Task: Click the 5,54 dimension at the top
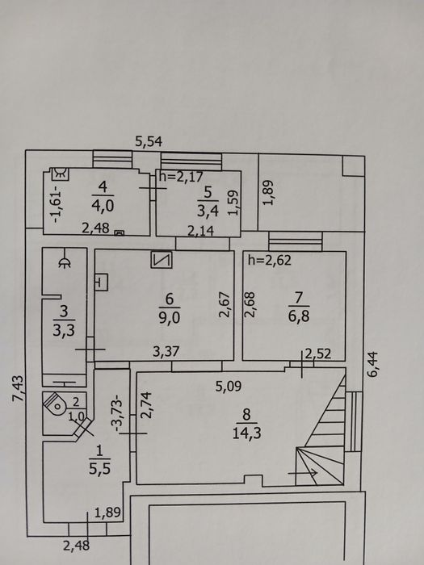[x=149, y=141]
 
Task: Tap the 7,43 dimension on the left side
[x=18, y=388]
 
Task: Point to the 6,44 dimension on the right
[x=372, y=364]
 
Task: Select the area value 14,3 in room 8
[x=247, y=433]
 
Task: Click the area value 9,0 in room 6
[x=170, y=318]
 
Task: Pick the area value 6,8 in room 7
[x=299, y=316]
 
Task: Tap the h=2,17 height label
[x=181, y=177]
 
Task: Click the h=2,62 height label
[x=269, y=260]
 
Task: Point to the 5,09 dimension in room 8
[x=229, y=387]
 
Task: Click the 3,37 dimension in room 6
[x=166, y=351]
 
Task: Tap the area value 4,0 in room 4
[x=103, y=207]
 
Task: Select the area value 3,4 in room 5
[x=208, y=211]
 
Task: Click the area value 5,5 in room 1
[x=99, y=469]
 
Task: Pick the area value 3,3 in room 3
[x=64, y=330]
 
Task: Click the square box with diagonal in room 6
[x=162, y=260]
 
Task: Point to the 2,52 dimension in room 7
[x=318, y=354]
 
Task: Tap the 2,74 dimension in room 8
[x=147, y=405]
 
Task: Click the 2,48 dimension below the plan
[x=76, y=545]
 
